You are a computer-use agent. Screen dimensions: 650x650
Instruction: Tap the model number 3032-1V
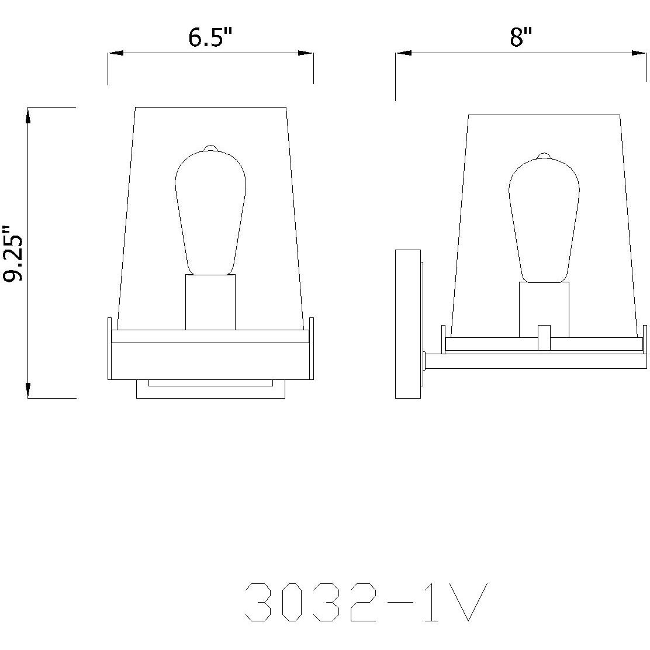tap(365, 602)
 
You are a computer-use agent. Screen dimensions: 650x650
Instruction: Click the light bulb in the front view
tap(210, 210)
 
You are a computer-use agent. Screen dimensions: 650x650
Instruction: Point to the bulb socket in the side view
tap(544, 310)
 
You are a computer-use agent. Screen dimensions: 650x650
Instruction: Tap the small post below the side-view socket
tap(544, 337)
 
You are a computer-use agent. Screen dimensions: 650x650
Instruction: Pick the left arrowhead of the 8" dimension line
tap(404, 53)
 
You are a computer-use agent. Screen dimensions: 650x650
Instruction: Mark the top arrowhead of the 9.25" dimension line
tap(28, 115)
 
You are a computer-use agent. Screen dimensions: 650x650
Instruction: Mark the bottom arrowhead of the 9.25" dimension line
tap(28, 390)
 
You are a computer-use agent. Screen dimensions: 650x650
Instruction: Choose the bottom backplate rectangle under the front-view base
tap(210, 389)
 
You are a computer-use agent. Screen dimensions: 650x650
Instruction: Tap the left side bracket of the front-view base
tap(109, 348)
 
